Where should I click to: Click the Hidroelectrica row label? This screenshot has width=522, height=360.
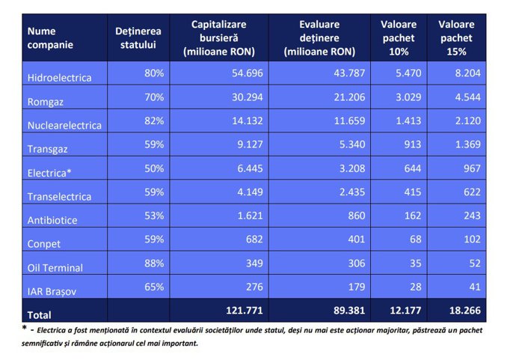tap(59, 77)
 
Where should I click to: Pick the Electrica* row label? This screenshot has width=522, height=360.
tap(49, 171)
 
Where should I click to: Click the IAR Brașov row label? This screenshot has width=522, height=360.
tap(52, 290)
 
